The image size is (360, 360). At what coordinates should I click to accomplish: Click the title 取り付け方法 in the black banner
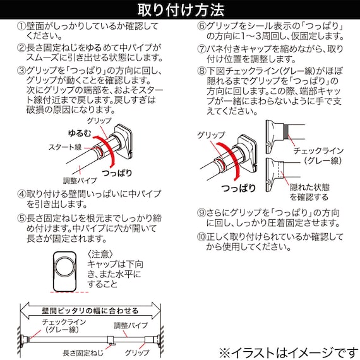coord(180,9)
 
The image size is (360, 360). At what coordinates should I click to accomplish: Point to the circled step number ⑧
coord(202,71)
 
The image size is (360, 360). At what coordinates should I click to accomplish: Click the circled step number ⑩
coord(202,237)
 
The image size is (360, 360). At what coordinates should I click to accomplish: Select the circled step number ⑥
coord(202,27)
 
